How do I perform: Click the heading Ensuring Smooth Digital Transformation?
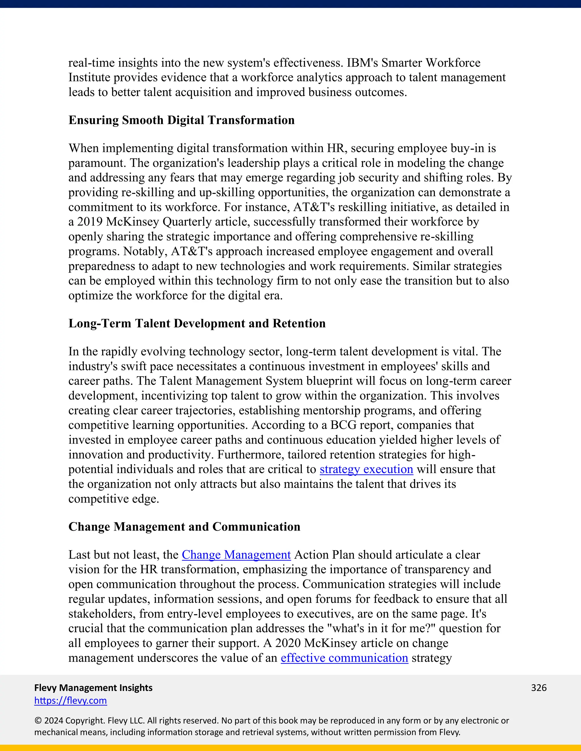coord(181,120)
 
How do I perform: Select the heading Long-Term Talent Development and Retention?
coord(197,323)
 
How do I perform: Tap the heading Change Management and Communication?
coord(184,527)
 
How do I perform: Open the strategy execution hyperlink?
coord(366,469)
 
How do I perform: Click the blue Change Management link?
coord(236,555)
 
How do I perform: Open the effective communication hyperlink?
coord(344,658)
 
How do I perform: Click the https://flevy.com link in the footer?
coord(71,701)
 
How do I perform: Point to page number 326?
coord(539,688)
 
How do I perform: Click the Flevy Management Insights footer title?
coord(93,688)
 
